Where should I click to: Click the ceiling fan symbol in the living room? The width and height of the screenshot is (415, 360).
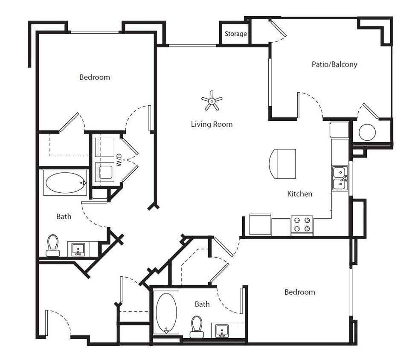coord(212,101)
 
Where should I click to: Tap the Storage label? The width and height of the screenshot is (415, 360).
coord(235,34)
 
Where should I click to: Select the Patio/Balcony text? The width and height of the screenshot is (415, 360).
coord(334,64)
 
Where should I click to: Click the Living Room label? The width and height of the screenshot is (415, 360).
coord(212,124)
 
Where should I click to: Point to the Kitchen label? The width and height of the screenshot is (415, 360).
coord(299,194)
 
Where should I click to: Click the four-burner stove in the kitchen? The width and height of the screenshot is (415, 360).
coord(302,225)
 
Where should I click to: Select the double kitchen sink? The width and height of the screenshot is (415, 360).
coord(340,178)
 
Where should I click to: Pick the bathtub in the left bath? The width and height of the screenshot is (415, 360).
coord(66,183)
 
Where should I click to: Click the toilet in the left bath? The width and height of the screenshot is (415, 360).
coord(53,245)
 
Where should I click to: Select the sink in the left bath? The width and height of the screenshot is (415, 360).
coord(78,249)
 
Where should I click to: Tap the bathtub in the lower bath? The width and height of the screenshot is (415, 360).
coord(166,313)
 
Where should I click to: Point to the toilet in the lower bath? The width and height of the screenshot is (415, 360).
coord(197,326)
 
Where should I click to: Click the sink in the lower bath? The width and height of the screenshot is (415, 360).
coord(221,330)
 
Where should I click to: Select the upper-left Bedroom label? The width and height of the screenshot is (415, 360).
coord(95,77)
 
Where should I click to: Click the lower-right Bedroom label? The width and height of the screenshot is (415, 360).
coord(299,292)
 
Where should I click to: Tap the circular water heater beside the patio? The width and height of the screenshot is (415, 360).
coord(367,133)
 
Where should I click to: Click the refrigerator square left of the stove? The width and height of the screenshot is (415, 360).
coord(260,224)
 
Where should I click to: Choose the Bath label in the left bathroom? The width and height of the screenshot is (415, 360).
coord(64,216)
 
